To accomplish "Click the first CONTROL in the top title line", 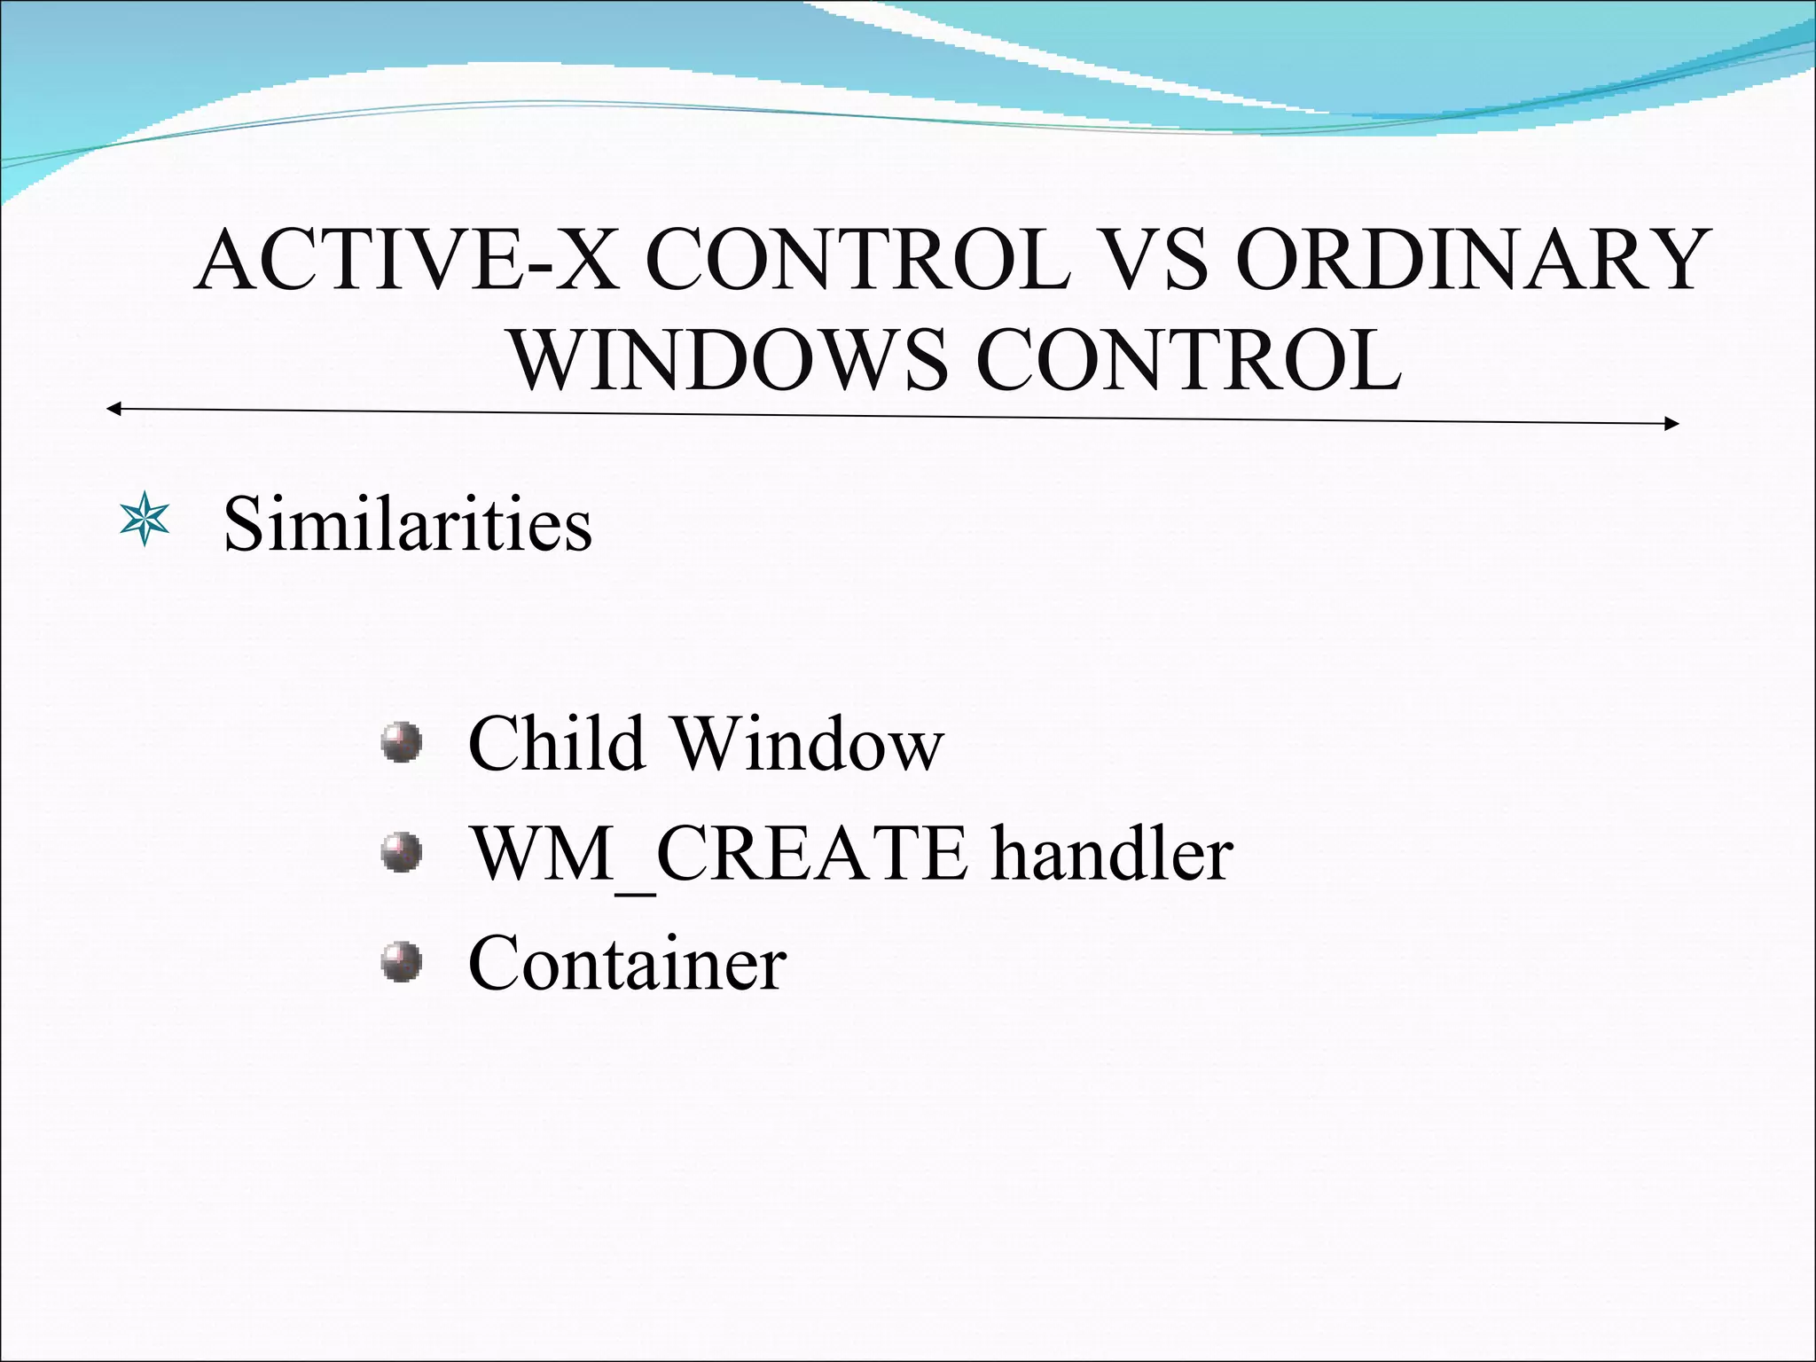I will click(x=857, y=261).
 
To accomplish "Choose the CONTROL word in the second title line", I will click(x=1188, y=362).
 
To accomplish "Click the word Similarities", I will click(x=407, y=523).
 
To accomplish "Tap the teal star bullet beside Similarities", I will click(x=144, y=522).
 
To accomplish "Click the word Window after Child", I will click(x=808, y=743).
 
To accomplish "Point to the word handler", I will click(x=1112, y=854).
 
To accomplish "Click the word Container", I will click(x=627, y=964).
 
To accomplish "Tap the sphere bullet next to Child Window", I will click(x=401, y=742).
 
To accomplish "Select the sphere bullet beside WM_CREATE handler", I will click(x=401, y=853).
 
